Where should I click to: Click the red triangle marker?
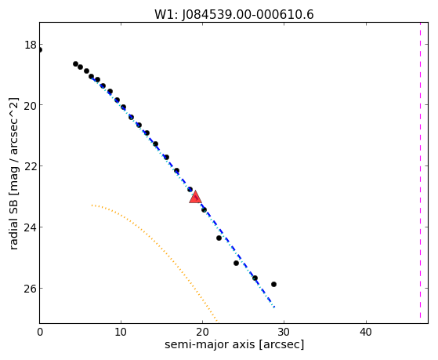click(195, 197)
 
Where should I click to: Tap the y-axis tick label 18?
click(31, 45)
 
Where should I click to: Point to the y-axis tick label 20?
click(31, 105)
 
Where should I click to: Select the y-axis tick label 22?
click(31, 166)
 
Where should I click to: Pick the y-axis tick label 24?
click(31, 227)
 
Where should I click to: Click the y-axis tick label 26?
click(31, 288)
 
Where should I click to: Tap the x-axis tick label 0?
click(40, 333)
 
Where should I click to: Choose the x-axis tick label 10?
click(121, 333)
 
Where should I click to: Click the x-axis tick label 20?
click(202, 333)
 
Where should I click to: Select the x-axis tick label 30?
click(284, 333)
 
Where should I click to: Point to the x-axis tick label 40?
click(366, 333)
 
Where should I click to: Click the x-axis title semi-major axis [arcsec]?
click(234, 344)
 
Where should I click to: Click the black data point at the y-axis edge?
click(40, 50)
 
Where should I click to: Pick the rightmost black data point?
click(273, 284)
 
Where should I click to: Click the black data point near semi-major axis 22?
click(219, 238)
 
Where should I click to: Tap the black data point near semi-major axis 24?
click(236, 264)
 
